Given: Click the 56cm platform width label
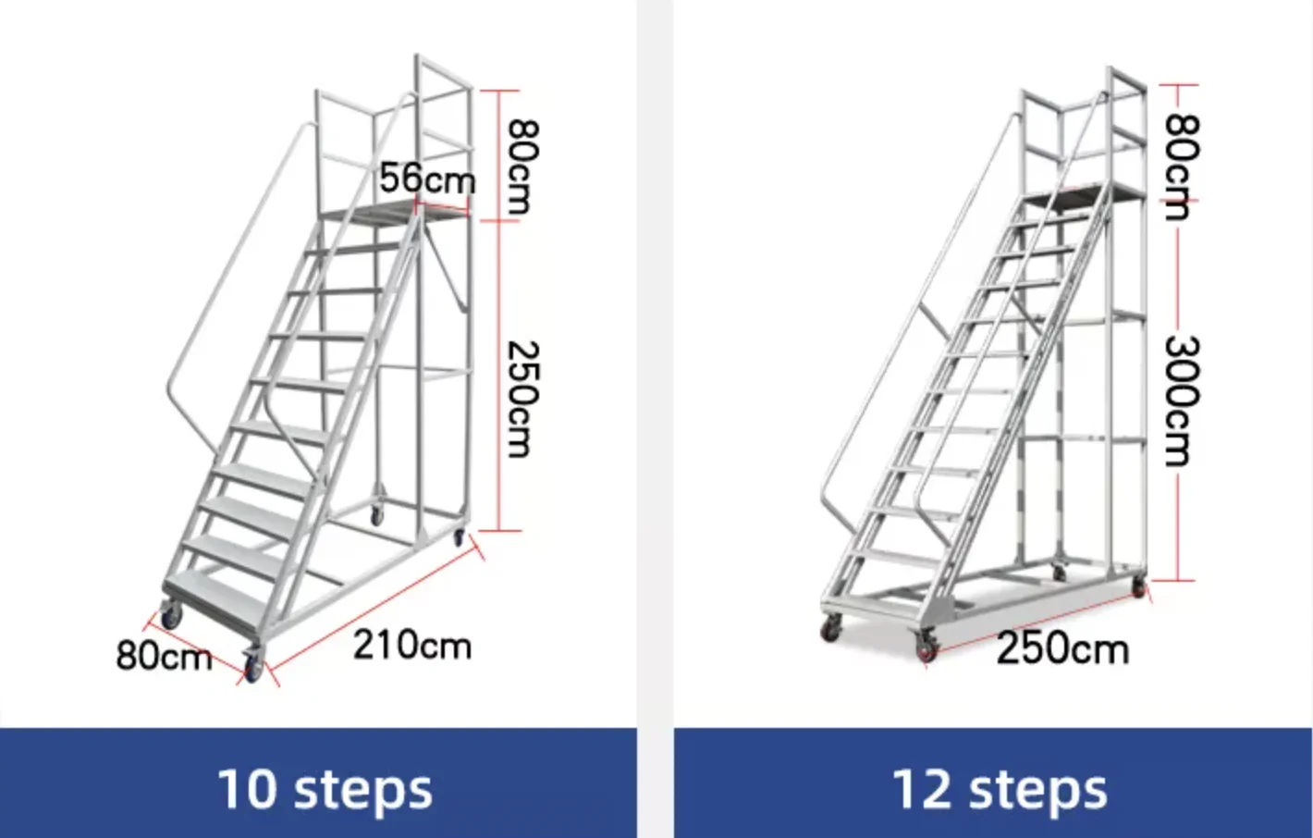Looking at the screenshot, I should coord(426,178).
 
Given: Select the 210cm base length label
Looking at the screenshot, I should coord(411,645).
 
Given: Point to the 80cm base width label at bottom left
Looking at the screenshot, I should coord(163,656).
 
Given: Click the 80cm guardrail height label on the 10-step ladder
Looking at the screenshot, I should coord(520,166).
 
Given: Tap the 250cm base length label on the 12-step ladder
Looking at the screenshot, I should coord(1061,648).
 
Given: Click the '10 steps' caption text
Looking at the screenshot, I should coord(324,789).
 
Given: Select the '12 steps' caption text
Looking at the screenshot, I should coord(999,789).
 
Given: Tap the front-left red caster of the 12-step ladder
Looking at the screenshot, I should coord(830,630).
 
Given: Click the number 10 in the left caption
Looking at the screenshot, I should coord(246,789).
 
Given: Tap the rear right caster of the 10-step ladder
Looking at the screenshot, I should coord(458,536).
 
